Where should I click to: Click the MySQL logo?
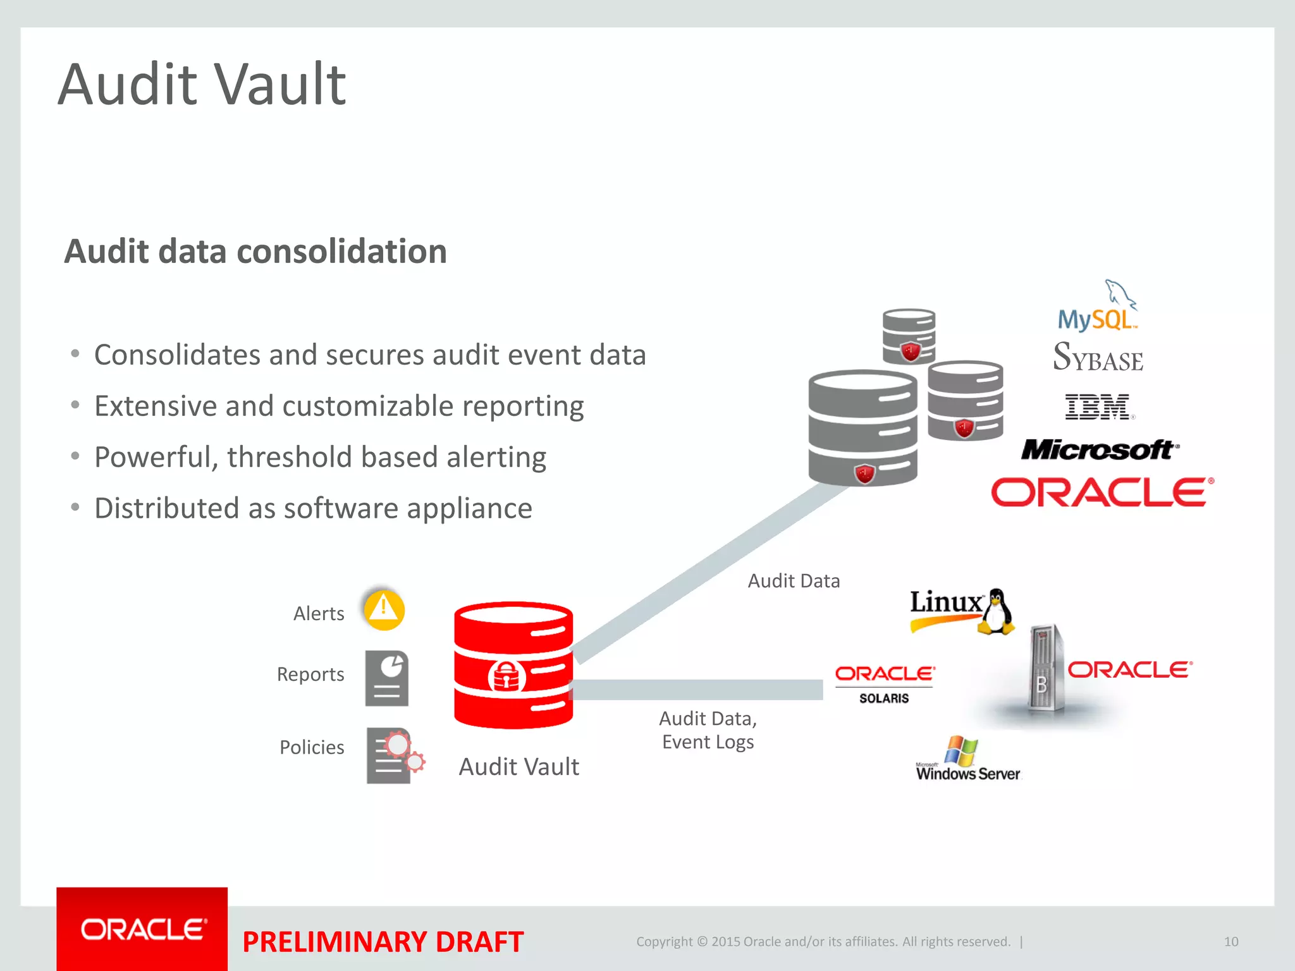point(1098,310)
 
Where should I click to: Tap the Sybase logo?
point(1098,357)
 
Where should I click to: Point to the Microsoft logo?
point(1099,450)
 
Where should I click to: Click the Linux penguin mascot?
point(996,612)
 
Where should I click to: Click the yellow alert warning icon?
point(384,609)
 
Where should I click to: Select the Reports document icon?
point(387,678)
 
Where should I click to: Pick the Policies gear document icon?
point(394,755)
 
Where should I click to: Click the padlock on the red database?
point(506,677)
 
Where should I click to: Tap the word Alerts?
point(319,614)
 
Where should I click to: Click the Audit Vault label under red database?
point(519,767)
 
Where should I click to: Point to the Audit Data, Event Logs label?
point(708,730)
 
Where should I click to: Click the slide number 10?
point(1231,941)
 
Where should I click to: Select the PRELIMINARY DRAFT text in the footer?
point(383,942)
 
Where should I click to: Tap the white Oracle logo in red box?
point(143,929)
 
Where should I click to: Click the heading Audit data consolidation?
point(255,252)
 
